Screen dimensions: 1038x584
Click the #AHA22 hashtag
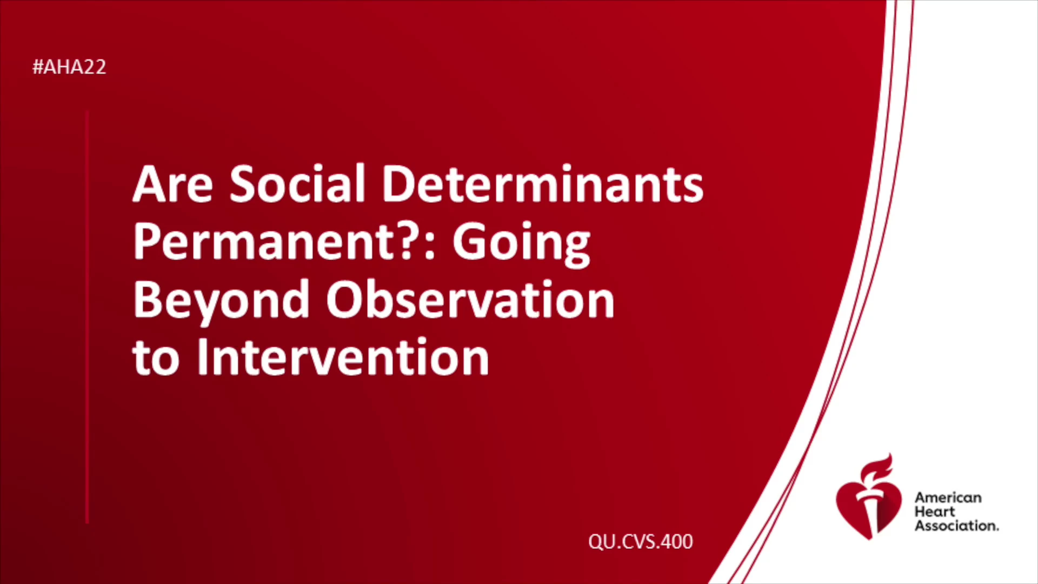point(69,67)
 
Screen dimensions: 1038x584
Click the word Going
point(521,244)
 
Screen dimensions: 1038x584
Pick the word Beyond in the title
point(221,301)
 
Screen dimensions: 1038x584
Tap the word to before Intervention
point(156,359)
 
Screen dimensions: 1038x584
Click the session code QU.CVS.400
point(641,541)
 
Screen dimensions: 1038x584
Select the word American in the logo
point(948,497)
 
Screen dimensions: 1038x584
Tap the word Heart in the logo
point(935,512)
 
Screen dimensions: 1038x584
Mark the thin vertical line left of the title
point(87,317)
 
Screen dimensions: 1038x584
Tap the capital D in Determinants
point(401,184)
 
